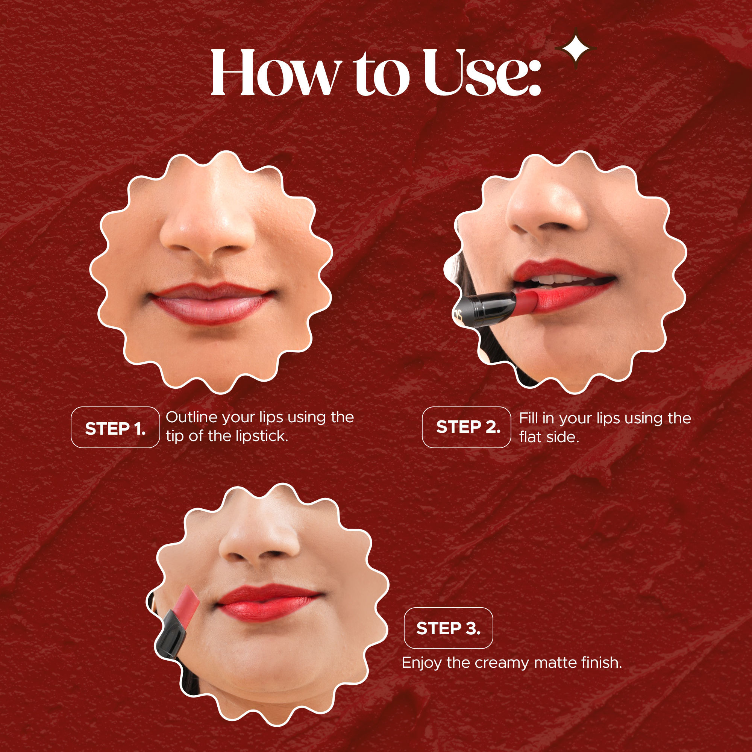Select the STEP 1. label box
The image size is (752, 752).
(115, 428)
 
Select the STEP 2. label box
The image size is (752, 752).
(466, 428)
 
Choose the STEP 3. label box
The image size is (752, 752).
(448, 628)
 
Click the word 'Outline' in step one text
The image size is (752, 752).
(191, 417)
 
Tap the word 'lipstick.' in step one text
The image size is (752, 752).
(262, 436)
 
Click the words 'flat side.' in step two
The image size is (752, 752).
(549, 437)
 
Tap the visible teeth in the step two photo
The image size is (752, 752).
(561, 279)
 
